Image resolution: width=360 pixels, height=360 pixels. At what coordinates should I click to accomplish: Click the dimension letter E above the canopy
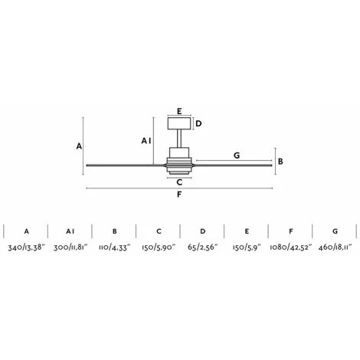point(179,111)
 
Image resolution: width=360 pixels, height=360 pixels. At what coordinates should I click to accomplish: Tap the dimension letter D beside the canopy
point(198,124)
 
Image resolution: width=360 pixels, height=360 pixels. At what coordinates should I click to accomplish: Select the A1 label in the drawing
point(146,141)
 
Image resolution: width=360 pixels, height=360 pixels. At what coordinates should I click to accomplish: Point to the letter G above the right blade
point(237,155)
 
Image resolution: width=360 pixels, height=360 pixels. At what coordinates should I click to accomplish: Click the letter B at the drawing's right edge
point(280,162)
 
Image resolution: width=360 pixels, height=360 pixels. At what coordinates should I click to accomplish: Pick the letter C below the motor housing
point(179,182)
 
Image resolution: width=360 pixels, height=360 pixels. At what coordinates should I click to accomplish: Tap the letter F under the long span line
point(179,195)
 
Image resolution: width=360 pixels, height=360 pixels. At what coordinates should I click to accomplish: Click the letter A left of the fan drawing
point(79,146)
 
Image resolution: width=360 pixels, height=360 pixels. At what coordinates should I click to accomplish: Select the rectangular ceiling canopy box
point(179,123)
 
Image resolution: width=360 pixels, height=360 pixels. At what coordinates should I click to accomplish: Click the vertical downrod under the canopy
point(179,139)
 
